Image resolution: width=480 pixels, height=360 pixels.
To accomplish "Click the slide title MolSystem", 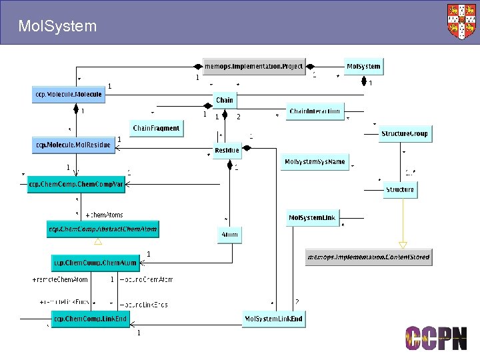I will pyautogui.click(x=57, y=27).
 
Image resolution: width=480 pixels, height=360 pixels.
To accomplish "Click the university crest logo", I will pyautogui.click(x=462, y=21).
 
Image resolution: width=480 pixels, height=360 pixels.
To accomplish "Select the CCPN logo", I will pyautogui.click(x=436, y=339).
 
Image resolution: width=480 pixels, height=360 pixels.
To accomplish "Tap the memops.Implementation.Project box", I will pyautogui.click(x=253, y=66).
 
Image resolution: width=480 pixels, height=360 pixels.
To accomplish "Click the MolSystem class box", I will pyautogui.click(x=363, y=66).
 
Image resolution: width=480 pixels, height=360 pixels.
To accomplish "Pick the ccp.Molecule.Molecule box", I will pyautogui.click(x=68, y=95).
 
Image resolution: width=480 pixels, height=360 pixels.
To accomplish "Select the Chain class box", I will pyautogui.click(x=225, y=100).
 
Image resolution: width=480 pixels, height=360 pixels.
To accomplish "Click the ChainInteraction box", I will pyautogui.click(x=315, y=111).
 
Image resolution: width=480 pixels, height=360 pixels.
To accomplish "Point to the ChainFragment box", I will pyautogui.click(x=156, y=128).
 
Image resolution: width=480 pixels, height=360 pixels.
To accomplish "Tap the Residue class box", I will pyautogui.click(x=227, y=151).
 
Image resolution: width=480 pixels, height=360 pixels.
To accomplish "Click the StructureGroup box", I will pyautogui.click(x=405, y=134).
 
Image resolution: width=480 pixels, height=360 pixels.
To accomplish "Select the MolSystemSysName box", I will pyautogui.click(x=315, y=162).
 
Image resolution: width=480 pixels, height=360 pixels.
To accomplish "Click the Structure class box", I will pyautogui.click(x=400, y=190).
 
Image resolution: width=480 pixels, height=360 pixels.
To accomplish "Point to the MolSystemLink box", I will pyautogui.click(x=313, y=217).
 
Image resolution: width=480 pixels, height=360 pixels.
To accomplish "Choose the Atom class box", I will pyautogui.click(x=229, y=235).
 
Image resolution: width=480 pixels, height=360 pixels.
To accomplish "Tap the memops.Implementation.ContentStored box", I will pyautogui.click(x=368, y=257).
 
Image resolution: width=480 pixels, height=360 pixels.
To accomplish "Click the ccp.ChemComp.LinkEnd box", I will pyautogui.click(x=90, y=319).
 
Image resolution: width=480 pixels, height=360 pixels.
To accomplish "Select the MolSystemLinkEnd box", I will pyautogui.click(x=273, y=319).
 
